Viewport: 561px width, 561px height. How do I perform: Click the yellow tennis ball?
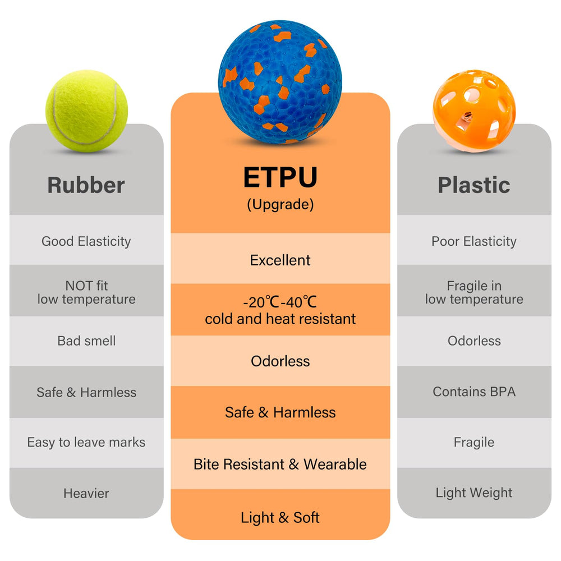(x=86, y=111)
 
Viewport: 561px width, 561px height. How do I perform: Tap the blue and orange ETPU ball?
(x=280, y=82)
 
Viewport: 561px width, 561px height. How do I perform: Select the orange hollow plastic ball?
(x=474, y=111)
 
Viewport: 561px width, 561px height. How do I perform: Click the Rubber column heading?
(x=86, y=185)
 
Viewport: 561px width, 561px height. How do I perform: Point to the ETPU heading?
(x=280, y=177)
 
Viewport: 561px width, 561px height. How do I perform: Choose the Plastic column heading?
(x=474, y=185)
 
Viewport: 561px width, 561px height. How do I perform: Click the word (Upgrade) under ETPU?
(x=280, y=205)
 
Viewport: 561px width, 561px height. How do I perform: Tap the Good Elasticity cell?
(x=86, y=241)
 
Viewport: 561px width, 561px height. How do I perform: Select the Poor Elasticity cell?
(x=474, y=241)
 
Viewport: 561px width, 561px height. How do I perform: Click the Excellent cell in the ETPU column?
(x=280, y=260)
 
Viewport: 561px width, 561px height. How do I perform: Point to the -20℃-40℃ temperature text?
(x=280, y=302)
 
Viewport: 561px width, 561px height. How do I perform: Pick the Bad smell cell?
(x=86, y=341)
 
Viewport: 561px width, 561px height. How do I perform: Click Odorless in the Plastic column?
(x=474, y=341)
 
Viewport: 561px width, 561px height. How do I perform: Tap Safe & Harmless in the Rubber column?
(x=86, y=393)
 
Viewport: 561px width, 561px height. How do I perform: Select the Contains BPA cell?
(x=474, y=392)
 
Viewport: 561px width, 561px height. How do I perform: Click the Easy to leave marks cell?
(x=86, y=443)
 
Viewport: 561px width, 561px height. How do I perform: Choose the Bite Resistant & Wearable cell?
(x=280, y=465)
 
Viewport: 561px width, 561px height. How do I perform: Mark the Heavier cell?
(x=86, y=494)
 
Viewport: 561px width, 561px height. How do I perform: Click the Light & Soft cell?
(x=280, y=518)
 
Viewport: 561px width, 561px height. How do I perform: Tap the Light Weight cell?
(x=474, y=493)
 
